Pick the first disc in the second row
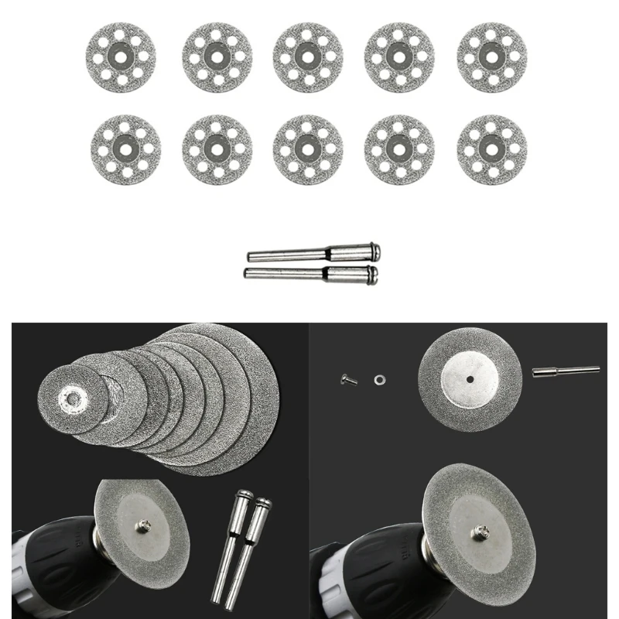click(121, 150)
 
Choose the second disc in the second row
click(217, 150)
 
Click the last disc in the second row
click(492, 150)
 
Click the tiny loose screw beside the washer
click(346, 378)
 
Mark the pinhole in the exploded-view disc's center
click(470, 379)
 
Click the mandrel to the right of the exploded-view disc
click(565, 371)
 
